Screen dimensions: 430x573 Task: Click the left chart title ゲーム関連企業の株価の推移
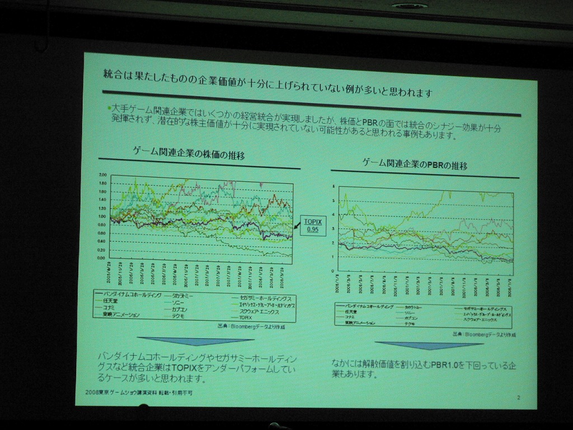click(x=189, y=154)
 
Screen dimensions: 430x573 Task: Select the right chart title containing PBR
click(x=415, y=165)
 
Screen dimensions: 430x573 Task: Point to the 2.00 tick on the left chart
click(x=102, y=175)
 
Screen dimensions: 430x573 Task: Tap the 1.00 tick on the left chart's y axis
click(x=102, y=216)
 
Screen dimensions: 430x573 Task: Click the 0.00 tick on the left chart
click(x=101, y=258)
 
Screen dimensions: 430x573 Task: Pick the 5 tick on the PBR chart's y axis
click(x=334, y=200)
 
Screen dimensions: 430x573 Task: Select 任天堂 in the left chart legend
click(x=110, y=301)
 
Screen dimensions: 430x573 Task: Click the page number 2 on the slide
click(x=519, y=398)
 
